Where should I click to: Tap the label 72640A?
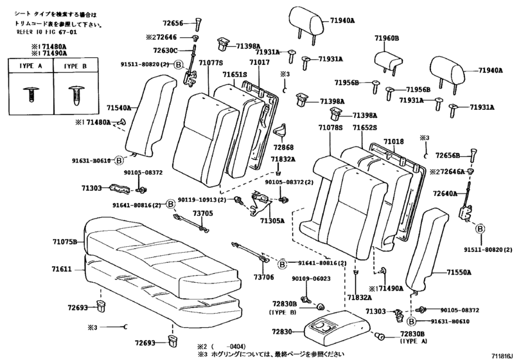click(x=445, y=193)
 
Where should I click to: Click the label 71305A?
click(x=272, y=220)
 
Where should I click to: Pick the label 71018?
click(x=394, y=141)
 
